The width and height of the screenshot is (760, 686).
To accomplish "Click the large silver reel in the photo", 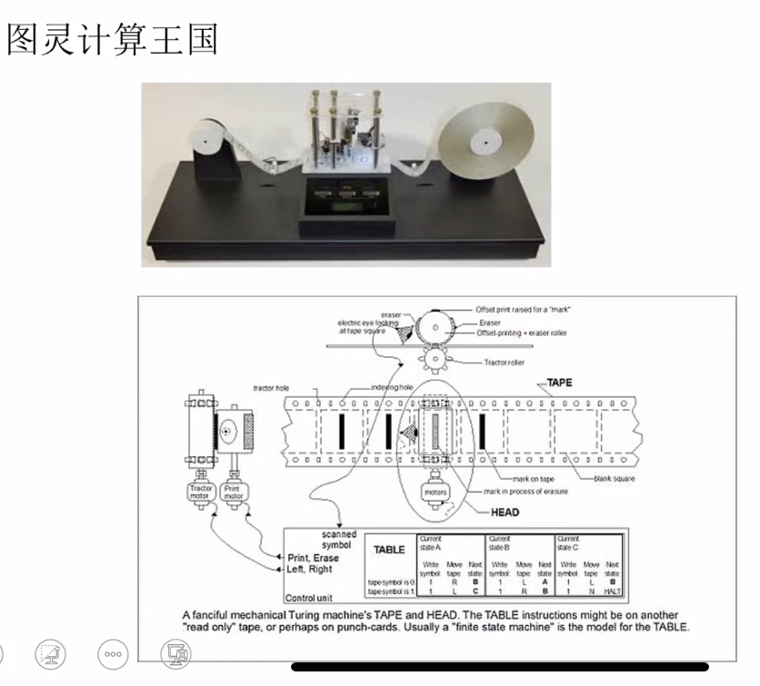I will [487, 142].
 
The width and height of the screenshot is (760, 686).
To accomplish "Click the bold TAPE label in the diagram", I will [559, 383].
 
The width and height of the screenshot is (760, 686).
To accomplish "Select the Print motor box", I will [234, 492].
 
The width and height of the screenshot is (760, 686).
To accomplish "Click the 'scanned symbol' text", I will [338, 540].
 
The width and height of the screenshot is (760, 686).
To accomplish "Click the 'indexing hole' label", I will [392, 387].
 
